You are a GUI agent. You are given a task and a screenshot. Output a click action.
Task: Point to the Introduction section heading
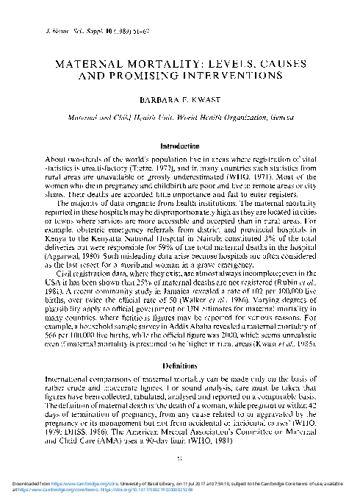[x=180, y=147]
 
